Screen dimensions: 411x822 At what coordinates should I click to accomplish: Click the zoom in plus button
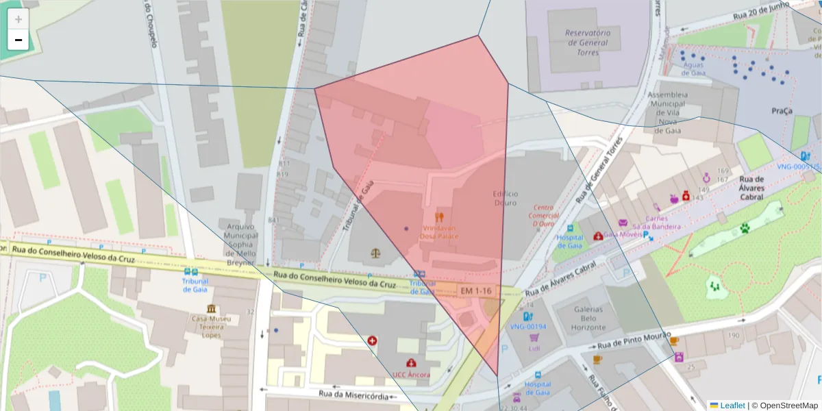(18, 19)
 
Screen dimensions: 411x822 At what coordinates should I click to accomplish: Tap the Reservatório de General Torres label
(588, 42)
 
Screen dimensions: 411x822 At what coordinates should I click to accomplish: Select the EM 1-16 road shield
(476, 291)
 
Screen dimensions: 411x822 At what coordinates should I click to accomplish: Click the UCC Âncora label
(411, 375)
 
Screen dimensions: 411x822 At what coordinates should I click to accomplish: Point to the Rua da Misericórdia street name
(353, 395)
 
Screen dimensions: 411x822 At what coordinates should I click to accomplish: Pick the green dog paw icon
(744, 227)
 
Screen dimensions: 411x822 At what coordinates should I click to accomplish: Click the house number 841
(275, 220)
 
